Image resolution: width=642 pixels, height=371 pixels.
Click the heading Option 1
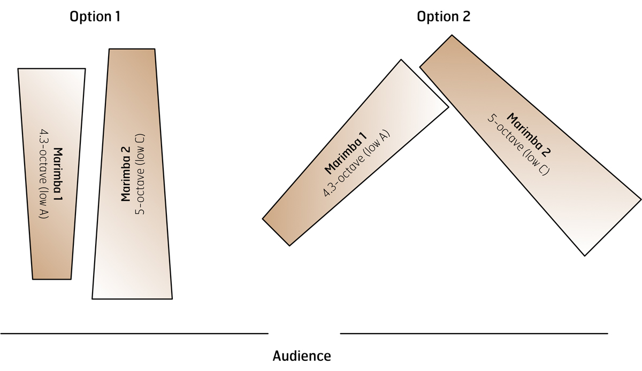tap(95, 17)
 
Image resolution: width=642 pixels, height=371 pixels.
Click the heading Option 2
tap(444, 17)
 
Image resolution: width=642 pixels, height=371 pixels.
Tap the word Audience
tap(302, 356)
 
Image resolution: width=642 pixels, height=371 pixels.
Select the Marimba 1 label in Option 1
tap(58, 174)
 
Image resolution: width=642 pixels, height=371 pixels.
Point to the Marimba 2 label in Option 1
tap(126, 174)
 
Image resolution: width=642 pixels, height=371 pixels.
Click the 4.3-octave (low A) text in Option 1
tap(43, 174)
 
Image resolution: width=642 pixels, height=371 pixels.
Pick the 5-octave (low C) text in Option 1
tap(140, 174)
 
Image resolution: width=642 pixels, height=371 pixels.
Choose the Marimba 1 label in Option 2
tap(346, 153)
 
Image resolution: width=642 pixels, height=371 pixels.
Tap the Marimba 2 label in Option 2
tap(529, 135)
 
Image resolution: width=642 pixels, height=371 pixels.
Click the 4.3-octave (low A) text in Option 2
tap(356, 164)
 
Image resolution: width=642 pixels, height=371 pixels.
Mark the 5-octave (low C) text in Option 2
tap(518, 145)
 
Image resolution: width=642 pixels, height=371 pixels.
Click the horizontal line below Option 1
tap(134, 334)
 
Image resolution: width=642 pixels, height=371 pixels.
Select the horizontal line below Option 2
tap(474, 334)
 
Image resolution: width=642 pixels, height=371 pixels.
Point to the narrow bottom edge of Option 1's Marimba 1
tap(52, 279)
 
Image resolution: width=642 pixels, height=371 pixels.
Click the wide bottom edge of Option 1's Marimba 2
tap(132, 299)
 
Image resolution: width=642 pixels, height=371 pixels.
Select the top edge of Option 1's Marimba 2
tap(132, 49)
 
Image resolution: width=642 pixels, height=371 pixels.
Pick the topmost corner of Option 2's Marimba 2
tap(452, 35)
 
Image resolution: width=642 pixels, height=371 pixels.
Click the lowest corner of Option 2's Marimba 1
tap(289, 245)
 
